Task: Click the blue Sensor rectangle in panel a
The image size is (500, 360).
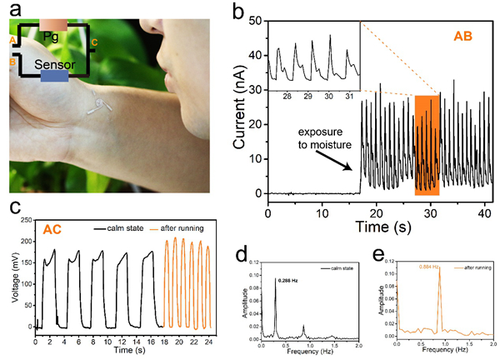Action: click(x=54, y=76)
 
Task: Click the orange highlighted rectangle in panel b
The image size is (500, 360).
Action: click(x=427, y=146)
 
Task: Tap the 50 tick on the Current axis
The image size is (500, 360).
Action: click(x=256, y=19)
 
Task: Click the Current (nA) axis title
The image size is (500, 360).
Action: click(x=240, y=109)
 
